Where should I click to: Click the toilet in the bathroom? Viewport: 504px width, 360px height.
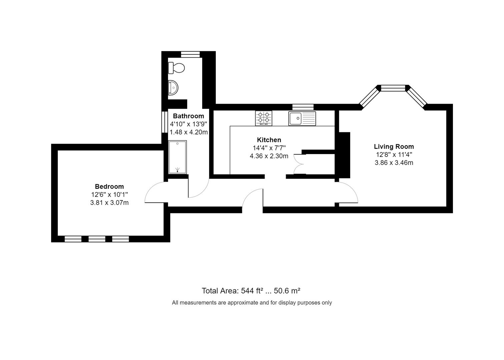(176, 68)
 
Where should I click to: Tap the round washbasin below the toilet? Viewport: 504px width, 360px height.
(173, 88)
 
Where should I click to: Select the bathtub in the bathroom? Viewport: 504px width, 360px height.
(177, 157)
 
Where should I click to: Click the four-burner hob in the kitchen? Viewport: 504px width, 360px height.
(264, 118)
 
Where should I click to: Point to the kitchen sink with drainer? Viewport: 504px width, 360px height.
(302, 118)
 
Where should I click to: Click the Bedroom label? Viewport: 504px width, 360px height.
(109, 187)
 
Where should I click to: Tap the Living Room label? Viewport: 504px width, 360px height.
(394, 147)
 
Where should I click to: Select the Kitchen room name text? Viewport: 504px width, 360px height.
(269, 140)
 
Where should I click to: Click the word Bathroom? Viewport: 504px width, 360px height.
(188, 116)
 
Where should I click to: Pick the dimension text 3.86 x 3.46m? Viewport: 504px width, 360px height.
(394, 163)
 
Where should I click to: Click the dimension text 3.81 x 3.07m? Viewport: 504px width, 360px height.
(109, 203)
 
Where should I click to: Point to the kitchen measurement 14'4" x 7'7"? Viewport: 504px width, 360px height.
(269, 148)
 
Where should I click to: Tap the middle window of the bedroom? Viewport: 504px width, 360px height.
(97, 239)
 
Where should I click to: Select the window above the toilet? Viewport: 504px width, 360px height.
(190, 54)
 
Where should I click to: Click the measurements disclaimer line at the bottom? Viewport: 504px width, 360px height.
(252, 303)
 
